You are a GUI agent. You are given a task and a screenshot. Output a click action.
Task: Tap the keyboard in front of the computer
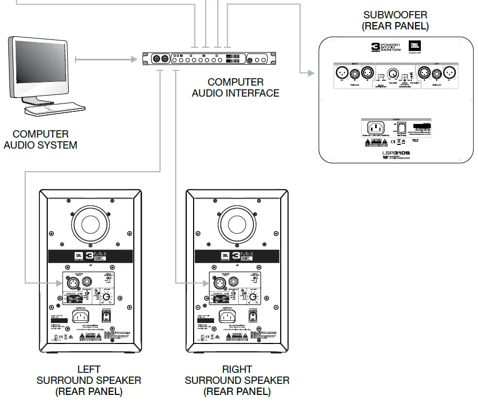click(x=56, y=110)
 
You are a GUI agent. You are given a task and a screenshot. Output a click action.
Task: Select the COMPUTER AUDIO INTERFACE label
click(x=236, y=88)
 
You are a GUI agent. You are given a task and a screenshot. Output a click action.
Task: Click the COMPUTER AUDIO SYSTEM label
click(x=40, y=140)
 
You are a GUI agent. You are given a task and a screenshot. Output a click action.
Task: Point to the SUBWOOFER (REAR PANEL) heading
click(x=395, y=20)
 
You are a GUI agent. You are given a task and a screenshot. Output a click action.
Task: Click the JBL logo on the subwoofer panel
click(x=414, y=46)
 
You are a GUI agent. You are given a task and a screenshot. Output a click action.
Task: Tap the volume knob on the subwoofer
click(x=391, y=74)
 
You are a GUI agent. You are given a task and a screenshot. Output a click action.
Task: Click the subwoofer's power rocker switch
click(x=402, y=128)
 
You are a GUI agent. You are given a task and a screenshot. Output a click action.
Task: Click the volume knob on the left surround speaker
click(x=107, y=298)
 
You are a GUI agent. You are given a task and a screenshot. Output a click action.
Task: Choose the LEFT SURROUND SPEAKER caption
click(x=89, y=380)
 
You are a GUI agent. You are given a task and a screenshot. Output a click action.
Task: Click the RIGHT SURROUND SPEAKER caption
click(x=237, y=380)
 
